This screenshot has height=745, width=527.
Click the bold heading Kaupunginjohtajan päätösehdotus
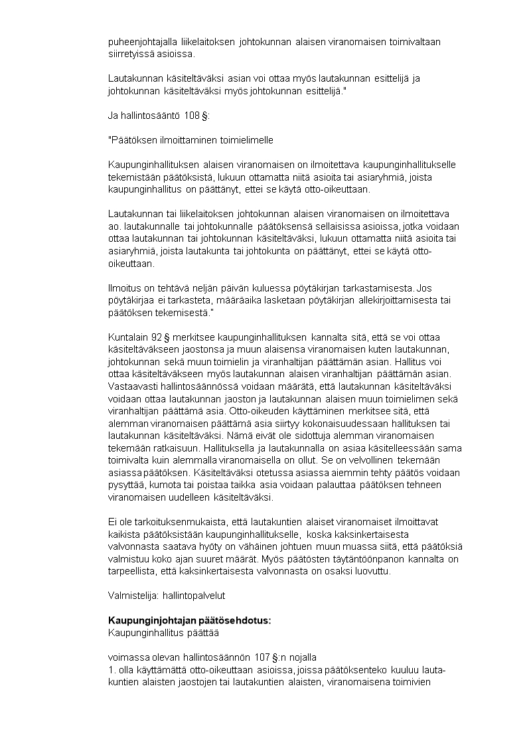[190, 620]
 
